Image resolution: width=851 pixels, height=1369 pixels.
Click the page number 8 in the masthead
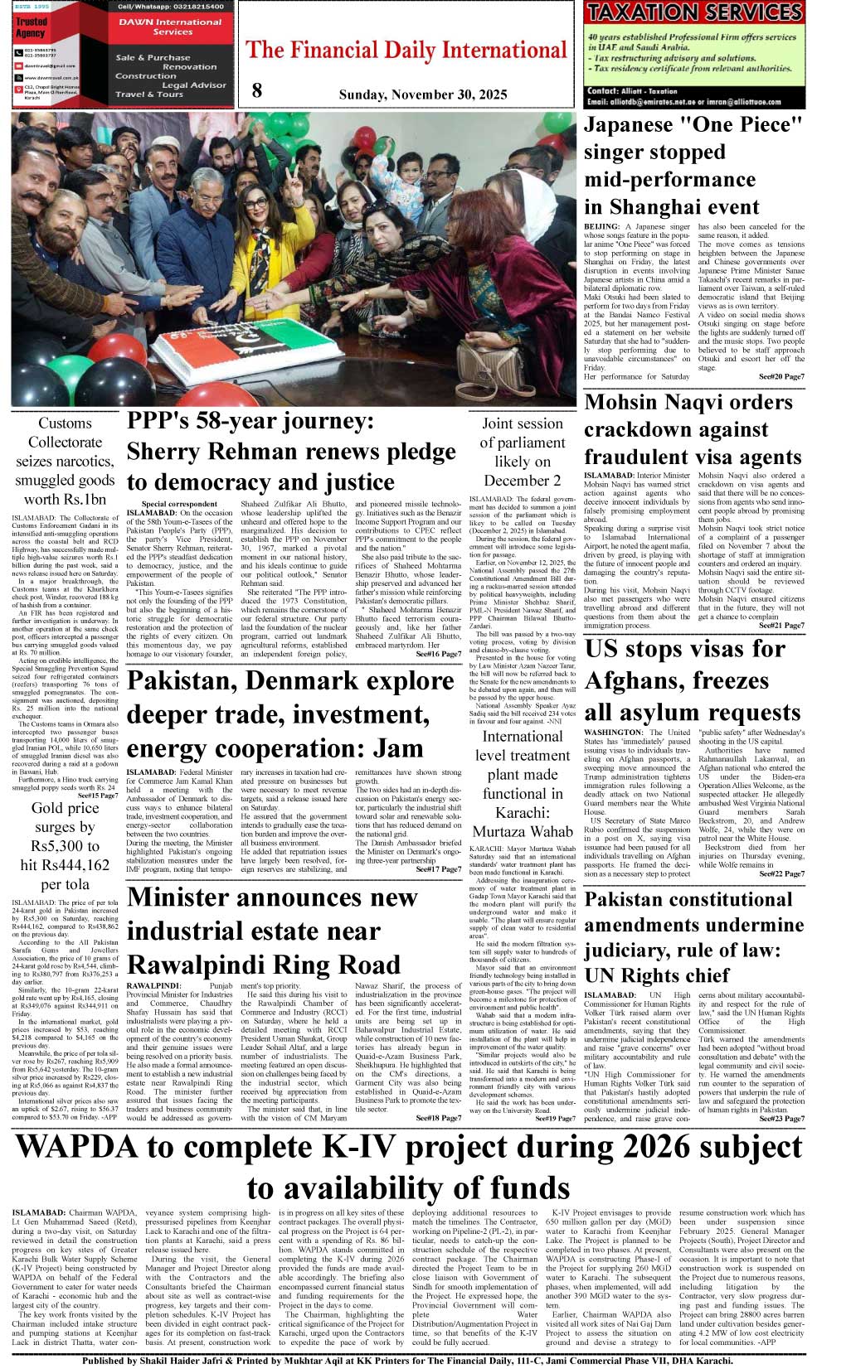257,91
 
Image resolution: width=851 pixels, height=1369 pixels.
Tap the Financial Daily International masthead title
406,51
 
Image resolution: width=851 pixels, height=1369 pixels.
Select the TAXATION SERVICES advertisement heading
693,12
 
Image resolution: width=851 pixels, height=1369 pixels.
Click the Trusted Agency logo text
32,27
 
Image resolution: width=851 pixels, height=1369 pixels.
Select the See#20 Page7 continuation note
780,377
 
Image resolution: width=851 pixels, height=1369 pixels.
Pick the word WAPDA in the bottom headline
75,1148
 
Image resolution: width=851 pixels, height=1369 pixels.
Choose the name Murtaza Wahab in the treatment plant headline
523,831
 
